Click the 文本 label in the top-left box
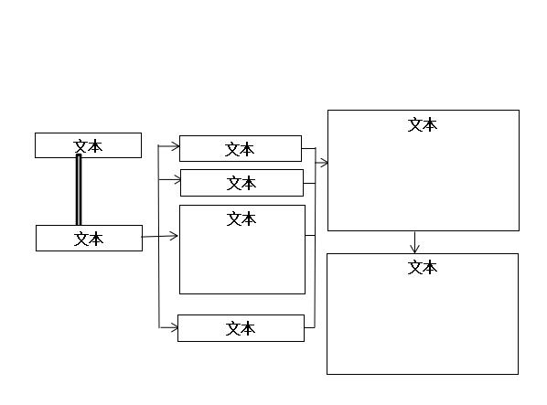pyautogui.click(x=88, y=146)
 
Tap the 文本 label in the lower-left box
pyautogui.click(x=89, y=240)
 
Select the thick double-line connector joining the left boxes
pyautogui.click(x=79, y=189)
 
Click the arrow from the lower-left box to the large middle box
pyautogui.click(x=160, y=236)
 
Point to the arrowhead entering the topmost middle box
pyautogui.click(x=175, y=146)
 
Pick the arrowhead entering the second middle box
pyautogui.click(x=177, y=180)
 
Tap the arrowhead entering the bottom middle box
pyautogui.click(x=174, y=327)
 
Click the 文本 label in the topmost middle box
pyautogui.click(x=240, y=149)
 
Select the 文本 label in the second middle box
pyautogui.click(x=241, y=183)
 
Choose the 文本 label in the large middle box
pyautogui.click(x=241, y=218)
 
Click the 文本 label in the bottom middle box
pyautogui.click(x=241, y=328)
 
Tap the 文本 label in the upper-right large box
pyautogui.click(x=423, y=124)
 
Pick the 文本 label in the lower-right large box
pyautogui.click(x=423, y=267)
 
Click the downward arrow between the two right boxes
pyautogui.click(x=414, y=242)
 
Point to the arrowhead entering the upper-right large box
pyautogui.click(x=324, y=163)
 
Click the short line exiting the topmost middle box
pyautogui.click(x=308, y=148)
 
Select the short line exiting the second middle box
pyautogui.click(x=309, y=184)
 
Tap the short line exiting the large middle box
pyautogui.click(x=310, y=236)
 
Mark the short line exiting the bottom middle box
pyautogui.click(x=310, y=327)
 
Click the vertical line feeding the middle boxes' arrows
pyautogui.click(x=159, y=236)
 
